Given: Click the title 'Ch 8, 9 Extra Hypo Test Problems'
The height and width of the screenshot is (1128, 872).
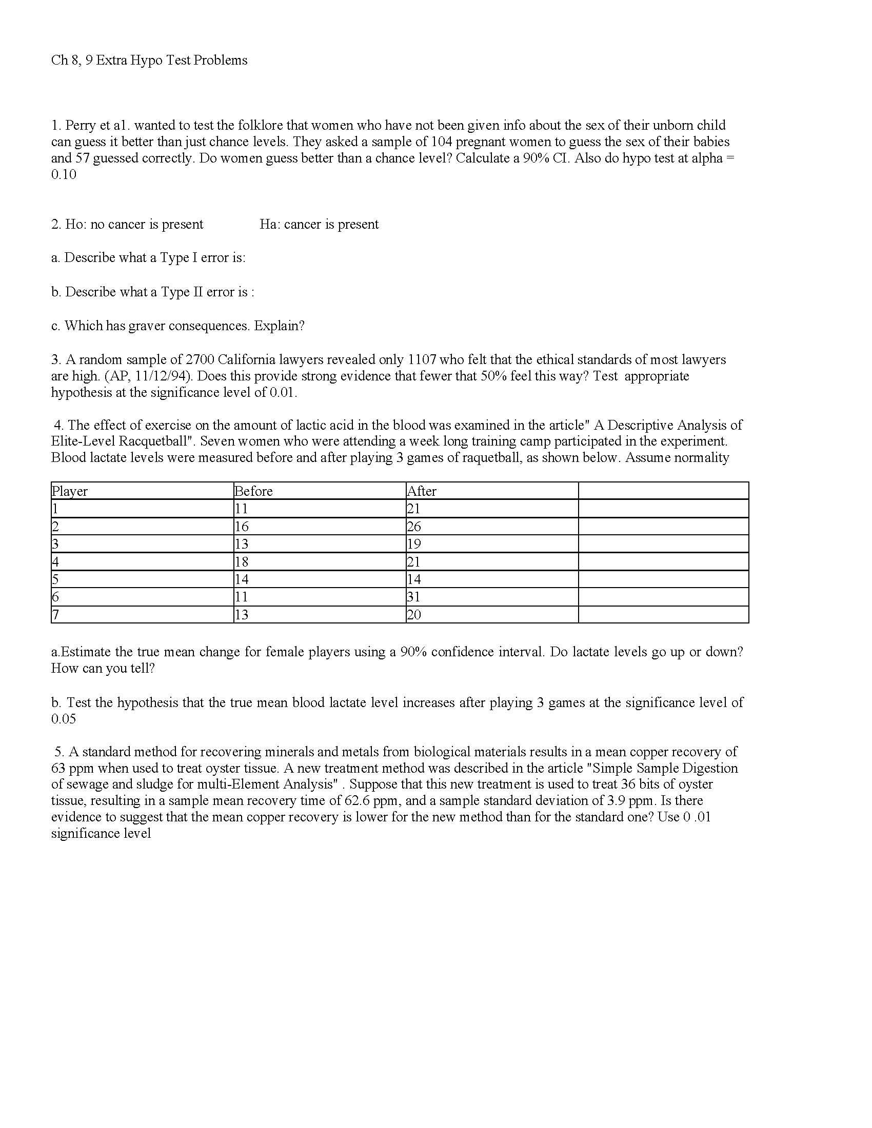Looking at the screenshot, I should [x=149, y=61].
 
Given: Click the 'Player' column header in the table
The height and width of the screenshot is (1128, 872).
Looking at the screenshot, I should [x=70, y=491].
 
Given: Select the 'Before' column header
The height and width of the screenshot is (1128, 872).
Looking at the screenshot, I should [x=253, y=491].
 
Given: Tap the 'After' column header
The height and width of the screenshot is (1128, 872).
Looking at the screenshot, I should [x=422, y=491].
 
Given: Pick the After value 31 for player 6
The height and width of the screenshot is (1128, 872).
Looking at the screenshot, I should [x=413, y=597].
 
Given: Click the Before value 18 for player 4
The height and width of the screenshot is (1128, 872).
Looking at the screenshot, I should [x=241, y=562].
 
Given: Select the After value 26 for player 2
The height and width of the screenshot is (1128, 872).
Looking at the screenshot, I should [x=414, y=527].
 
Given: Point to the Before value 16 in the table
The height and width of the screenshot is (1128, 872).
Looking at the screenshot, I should [x=241, y=527].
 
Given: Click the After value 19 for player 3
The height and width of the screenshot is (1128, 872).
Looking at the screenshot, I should [x=414, y=544].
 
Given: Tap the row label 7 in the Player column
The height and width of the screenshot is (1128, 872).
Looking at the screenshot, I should [x=55, y=615].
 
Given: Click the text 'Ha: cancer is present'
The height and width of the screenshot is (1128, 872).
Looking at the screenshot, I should [x=319, y=224].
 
